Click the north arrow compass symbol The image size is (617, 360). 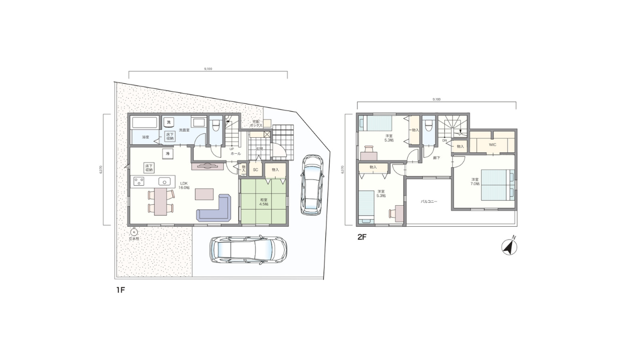510,246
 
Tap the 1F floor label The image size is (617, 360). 120,290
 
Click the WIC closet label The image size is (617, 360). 492,145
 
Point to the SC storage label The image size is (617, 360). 255,169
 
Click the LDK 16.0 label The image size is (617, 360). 184,186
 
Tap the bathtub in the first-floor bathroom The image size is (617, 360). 144,123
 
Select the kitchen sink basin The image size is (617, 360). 164,181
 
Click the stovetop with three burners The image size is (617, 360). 139,181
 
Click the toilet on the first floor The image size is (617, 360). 216,124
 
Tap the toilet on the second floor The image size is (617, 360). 428,124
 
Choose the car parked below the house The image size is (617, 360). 248,250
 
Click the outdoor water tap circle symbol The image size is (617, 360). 134,232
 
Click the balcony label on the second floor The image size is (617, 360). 429,202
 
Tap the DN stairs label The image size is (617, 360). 444,140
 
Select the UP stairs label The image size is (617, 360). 231,149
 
